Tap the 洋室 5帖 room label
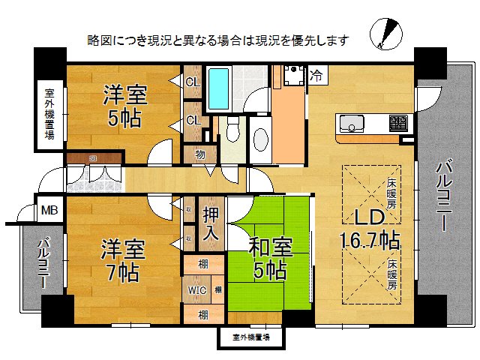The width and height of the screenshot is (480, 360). coord(125,106)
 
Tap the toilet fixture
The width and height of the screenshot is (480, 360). coord(232,133)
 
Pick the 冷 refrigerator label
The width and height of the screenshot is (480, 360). coord(318,75)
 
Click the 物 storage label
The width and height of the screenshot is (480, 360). coord(200,154)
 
